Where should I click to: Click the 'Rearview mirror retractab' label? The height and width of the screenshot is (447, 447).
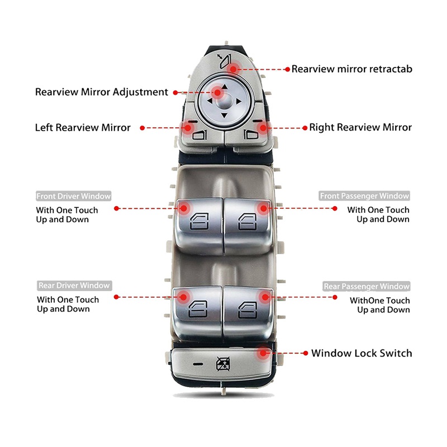(351, 69)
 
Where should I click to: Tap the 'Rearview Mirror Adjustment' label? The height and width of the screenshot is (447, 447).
(101, 92)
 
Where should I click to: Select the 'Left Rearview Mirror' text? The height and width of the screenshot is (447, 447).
(83, 127)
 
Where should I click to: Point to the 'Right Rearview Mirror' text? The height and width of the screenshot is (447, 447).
(360, 127)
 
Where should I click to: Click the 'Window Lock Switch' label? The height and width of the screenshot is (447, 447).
(362, 353)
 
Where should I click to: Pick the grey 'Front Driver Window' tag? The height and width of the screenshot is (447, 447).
(73, 196)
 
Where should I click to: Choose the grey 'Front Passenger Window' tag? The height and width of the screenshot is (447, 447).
(364, 196)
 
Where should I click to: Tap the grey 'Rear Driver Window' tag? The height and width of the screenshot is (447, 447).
(74, 286)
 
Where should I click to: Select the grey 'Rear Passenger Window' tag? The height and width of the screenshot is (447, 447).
(367, 286)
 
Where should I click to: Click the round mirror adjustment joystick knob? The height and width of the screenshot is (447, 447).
(223, 101)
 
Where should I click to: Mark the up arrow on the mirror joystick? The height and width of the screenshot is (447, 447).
(223, 87)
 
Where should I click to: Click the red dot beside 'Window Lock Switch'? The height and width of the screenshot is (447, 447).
(306, 353)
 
